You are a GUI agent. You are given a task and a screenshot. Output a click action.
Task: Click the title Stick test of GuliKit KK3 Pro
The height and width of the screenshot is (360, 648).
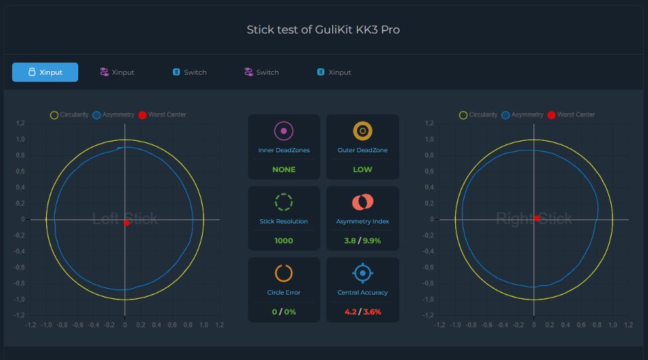(x=323, y=30)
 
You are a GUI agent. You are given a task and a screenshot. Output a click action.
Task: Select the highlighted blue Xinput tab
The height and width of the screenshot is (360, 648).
(x=45, y=72)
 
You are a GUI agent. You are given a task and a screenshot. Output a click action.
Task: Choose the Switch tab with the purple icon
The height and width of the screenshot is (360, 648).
(x=262, y=72)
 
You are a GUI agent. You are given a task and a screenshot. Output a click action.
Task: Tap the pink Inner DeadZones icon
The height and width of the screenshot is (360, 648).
(x=284, y=131)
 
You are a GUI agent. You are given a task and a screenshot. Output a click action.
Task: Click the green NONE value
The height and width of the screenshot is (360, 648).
(x=284, y=169)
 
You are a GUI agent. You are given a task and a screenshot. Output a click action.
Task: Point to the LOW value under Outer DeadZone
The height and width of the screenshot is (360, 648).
(x=363, y=169)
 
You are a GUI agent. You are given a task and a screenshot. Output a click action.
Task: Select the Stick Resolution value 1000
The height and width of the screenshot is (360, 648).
(x=284, y=240)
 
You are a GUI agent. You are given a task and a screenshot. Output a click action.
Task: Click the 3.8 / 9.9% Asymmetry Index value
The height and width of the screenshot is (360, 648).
(x=363, y=240)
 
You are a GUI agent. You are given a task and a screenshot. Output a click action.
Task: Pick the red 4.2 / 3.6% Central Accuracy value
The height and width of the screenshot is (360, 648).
(x=363, y=312)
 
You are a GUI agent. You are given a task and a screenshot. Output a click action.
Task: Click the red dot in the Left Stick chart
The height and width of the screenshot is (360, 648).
(x=127, y=223)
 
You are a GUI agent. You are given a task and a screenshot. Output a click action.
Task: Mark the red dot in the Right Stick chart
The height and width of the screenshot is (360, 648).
(x=536, y=218)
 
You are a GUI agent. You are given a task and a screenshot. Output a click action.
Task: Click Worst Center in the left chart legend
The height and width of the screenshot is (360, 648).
(x=167, y=115)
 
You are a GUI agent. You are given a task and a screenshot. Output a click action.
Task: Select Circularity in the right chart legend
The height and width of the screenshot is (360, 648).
(x=483, y=115)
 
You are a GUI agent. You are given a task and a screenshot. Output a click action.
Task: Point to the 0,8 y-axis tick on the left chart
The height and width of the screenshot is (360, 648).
(x=20, y=155)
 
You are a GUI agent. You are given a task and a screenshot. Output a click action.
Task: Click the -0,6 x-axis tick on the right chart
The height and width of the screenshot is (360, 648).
(x=487, y=325)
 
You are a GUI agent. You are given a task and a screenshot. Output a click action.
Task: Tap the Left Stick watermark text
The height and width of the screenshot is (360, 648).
(x=124, y=218)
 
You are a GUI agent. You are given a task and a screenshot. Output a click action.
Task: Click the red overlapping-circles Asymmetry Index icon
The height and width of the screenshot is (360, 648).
(x=363, y=202)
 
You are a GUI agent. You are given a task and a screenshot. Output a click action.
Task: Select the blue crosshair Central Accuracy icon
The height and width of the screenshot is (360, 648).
(x=363, y=273)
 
